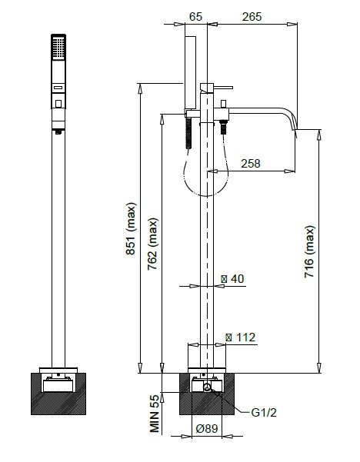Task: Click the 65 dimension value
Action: coord(196,17)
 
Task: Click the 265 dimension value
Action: coord(252,17)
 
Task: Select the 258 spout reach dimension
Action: coord(251,163)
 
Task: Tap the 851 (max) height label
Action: coord(131,228)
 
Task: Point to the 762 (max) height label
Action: coord(153,244)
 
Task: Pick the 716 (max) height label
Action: coord(309,251)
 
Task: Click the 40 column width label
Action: coord(233,279)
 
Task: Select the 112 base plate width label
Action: coord(241,337)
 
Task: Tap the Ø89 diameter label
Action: coord(207,428)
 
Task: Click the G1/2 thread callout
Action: coord(264,413)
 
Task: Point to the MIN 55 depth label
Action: coord(155,414)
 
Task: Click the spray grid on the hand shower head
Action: coord(58,48)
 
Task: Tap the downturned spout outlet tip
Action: coord(295,133)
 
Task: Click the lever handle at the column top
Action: coord(223,88)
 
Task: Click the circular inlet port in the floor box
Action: coord(207,387)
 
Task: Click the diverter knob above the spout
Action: coord(223,104)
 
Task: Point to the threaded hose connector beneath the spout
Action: coord(224,128)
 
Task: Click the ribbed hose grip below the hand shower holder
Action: coord(188,133)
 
